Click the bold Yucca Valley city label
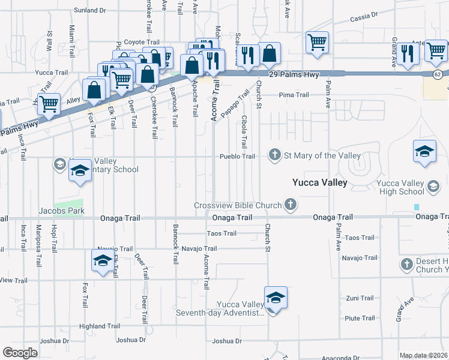point(319,182)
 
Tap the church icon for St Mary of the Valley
point(275,155)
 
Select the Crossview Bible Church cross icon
point(291,205)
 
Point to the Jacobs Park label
point(61,211)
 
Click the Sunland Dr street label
point(89,10)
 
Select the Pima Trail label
point(294,95)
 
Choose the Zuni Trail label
point(360,298)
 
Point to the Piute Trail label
point(360,318)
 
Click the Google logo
point(20,353)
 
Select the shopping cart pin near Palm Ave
point(316,43)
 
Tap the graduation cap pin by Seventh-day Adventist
point(276,298)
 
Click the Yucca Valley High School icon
point(432,187)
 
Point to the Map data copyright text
point(424,355)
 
